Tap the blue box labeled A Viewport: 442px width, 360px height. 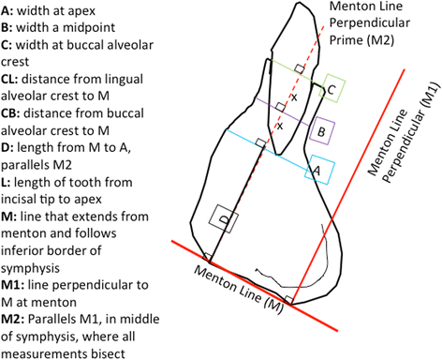[x=315, y=171]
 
